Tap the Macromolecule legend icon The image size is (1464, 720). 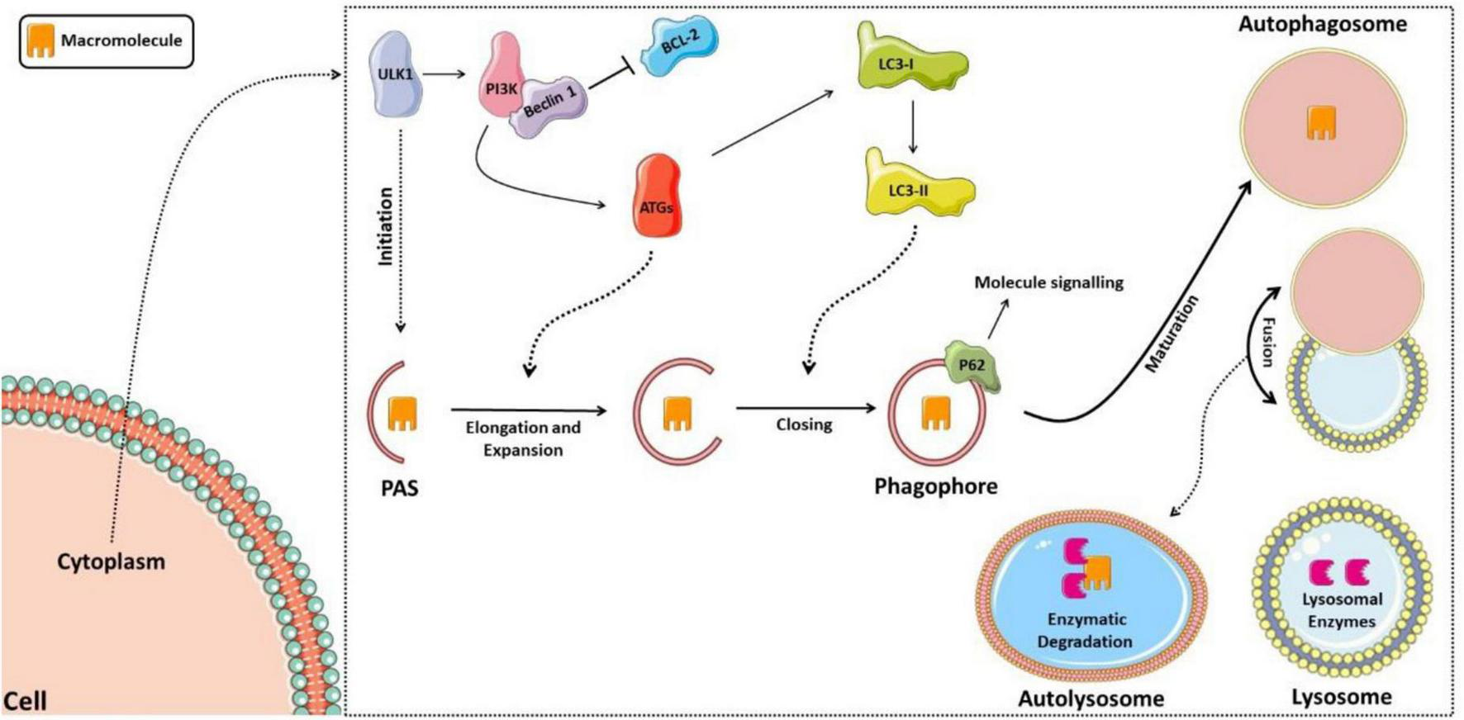pos(40,40)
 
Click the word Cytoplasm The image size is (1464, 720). pos(111,561)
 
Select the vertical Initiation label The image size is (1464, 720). pos(385,226)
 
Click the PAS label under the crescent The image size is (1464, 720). pos(400,488)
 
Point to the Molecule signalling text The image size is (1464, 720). pos(1048,282)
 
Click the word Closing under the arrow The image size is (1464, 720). pos(803,424)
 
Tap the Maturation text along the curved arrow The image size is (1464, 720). pos(1172,334)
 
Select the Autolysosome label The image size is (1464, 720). pos(1091,699)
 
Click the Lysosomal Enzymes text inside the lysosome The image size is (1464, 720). pos(1342,610)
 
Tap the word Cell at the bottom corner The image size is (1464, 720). pos(25,701)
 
